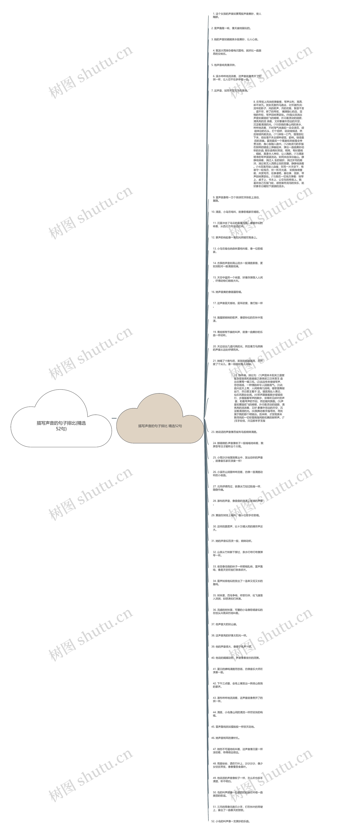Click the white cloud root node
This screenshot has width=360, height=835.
pos(61,425)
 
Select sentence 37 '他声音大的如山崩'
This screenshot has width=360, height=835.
pos(224,624)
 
